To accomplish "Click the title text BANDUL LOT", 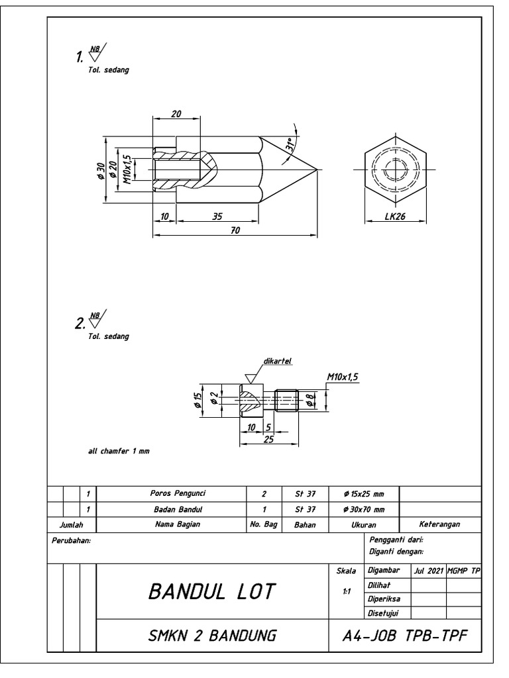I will coord(211,591).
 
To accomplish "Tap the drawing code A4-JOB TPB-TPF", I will coord(406,636).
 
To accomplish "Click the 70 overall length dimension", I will coord(235,230).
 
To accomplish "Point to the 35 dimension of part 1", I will coord(217,216).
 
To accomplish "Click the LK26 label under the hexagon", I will coord(395,217).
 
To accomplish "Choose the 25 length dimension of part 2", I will coord(268,438).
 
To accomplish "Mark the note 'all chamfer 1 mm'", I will coord(119,451).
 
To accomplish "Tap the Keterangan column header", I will coord(439,524).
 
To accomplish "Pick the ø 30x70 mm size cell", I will coord(363,509).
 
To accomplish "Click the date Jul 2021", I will coord(428,570).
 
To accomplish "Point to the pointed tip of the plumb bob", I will coord(315,168).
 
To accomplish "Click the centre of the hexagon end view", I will coord(395,168).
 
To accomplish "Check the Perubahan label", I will coord(70,541).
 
